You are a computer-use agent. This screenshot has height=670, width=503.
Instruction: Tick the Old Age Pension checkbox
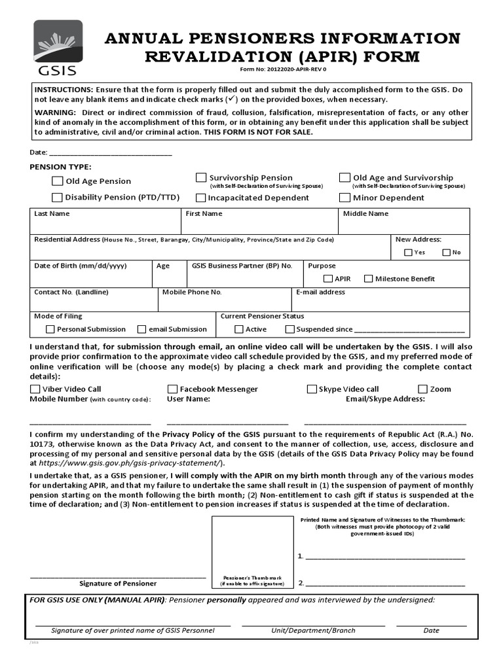[x=58, y=181]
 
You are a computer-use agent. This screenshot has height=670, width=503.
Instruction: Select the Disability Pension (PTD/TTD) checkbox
[x=58, y=197]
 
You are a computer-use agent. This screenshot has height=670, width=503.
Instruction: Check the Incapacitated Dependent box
[x=201, y=198]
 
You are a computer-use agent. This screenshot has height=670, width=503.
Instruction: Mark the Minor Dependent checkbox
[x=345, y=198]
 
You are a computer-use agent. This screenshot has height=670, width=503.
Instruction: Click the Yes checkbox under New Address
[x=408, y=253]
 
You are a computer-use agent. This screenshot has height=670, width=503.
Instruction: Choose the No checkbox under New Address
[x=446, y=253]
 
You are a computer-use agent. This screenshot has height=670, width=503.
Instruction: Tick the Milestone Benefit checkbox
[x=368, y=279]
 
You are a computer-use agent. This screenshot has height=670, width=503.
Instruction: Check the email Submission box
[x=141, y=329]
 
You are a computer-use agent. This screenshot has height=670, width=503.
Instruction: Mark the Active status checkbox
[x=238, y=329]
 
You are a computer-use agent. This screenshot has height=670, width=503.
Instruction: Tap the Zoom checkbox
[x=423, y=389]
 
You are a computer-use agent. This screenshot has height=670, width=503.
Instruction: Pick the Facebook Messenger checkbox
[x=173, y=389]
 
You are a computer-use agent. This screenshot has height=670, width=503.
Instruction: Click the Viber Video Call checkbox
[x=35, y=389]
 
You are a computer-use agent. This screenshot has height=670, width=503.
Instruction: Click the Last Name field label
[x=52, y=214]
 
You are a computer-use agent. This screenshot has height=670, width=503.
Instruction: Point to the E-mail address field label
[x=320, y=292]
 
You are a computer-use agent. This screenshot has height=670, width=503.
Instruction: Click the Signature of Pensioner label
[x=118, y=583]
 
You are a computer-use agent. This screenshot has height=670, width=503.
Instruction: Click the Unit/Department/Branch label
[x=313, y=631]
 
